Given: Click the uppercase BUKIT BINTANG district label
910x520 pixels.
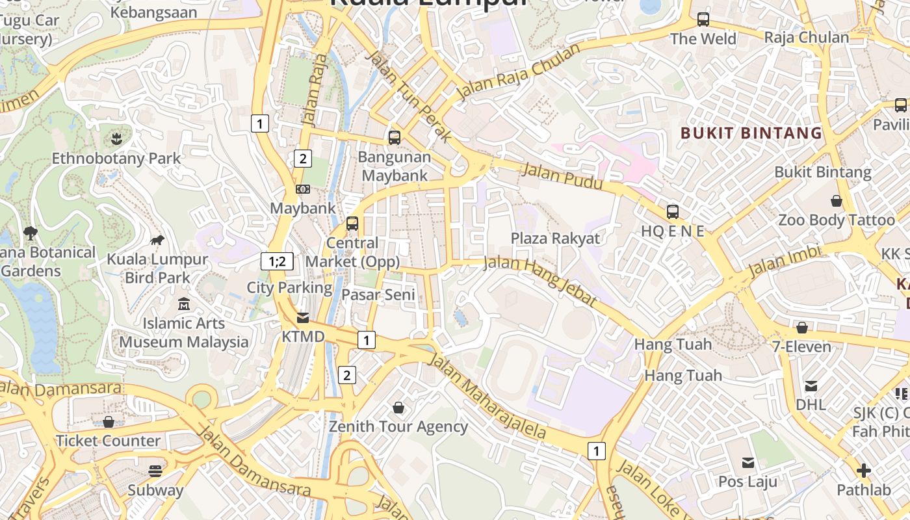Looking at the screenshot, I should coord(751,133).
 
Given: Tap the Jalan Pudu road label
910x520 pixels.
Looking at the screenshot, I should coord(563,177).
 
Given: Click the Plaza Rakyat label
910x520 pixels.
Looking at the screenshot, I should coord(555,238).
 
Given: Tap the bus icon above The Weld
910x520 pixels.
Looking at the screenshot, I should coord(703,19).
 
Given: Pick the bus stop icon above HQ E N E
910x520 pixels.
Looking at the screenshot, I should coord(673,211).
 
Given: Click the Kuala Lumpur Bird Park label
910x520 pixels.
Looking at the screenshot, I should coord(157,268).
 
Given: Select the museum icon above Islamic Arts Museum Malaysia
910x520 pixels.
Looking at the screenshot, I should coord(184,304).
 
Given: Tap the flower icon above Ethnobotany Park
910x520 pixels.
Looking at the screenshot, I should coord(116,138).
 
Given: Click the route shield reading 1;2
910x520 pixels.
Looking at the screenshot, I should coord(277,261).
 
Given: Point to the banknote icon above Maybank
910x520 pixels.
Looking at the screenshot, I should coord(303,189).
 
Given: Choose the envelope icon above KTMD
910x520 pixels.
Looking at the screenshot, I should coord(303,318).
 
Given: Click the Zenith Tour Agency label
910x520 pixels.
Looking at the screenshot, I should coord(398,426).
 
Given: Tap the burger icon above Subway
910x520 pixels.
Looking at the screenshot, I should coord(155,471).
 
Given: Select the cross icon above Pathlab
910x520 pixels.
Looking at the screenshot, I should coord(864,470).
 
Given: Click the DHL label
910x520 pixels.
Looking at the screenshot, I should coord(811,404).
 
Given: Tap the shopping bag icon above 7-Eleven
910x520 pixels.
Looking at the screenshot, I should coord(802,328).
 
